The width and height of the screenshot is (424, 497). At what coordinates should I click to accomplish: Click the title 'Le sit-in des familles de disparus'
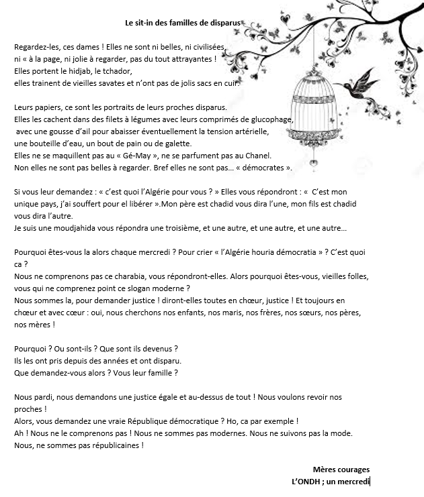(x=183, y=22)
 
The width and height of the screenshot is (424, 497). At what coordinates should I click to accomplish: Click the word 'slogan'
(x=173, y=288)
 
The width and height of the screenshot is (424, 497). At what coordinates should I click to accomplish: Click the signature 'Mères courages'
(x=341, y=470)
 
